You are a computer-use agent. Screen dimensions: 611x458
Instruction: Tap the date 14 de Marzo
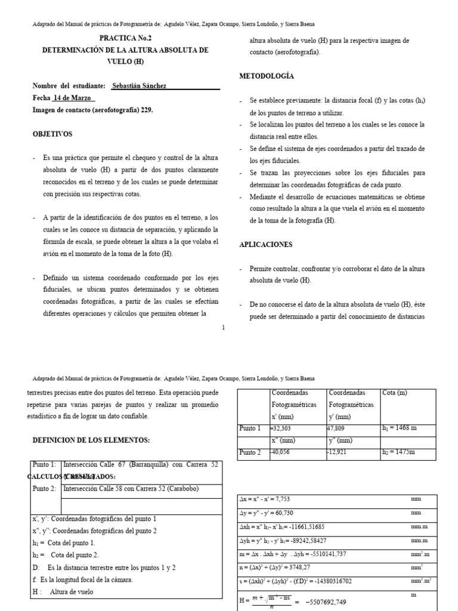[73, 97]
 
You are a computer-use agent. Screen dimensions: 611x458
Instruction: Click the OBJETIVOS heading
[52, 134]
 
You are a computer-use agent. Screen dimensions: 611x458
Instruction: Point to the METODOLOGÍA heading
[267, 76]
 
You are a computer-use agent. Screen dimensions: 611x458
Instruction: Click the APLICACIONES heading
[266, 245]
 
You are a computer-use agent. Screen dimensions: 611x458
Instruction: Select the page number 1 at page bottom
[223, 327]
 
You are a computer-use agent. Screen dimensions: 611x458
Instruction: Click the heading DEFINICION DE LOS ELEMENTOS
[89, 440]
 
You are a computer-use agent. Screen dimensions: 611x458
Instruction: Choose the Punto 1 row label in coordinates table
[250, 428]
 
